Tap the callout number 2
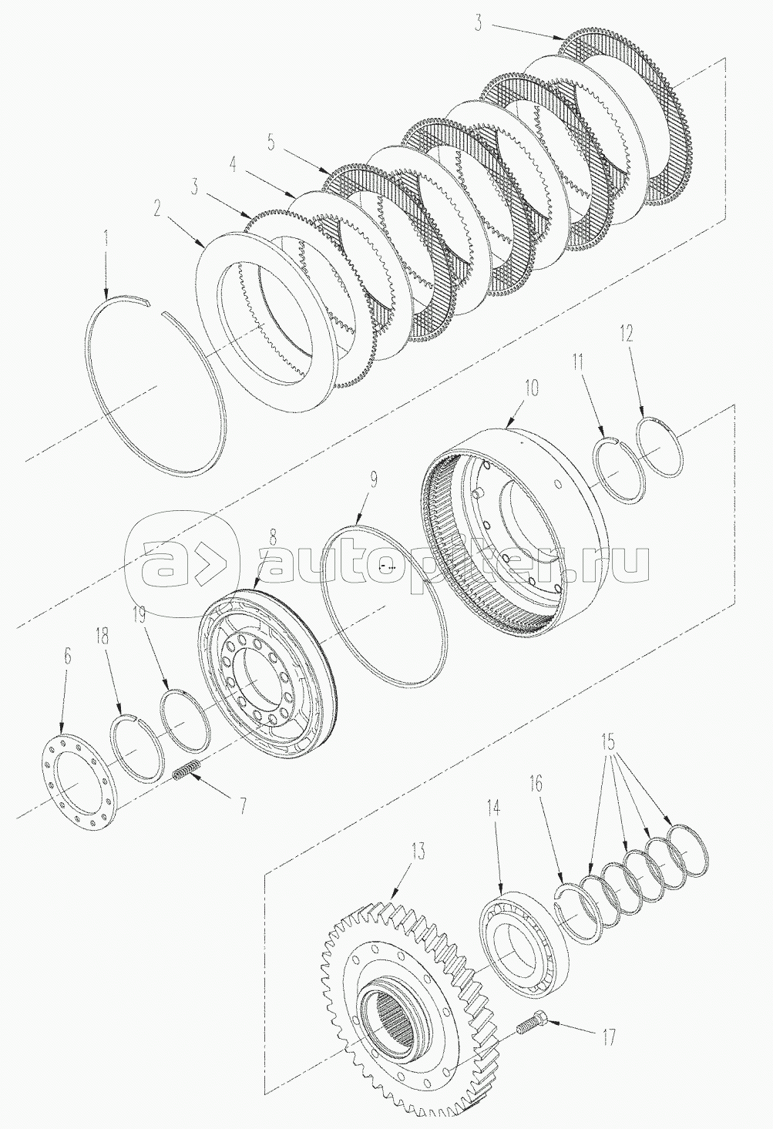(x=157, y=208)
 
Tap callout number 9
(x=375, y=480)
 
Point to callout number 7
(x=242, y=806)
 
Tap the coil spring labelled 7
(x=187, y=771)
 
